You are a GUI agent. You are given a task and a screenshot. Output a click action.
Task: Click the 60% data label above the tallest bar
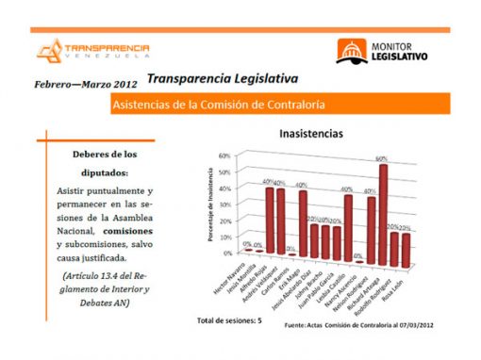pyautogui.click(x=382, y=158)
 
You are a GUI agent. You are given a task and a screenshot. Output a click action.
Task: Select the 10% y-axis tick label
pyautogui.click(x=224, y=237)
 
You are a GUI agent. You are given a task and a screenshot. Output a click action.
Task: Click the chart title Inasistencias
pyautogui.click(x=310, y=135)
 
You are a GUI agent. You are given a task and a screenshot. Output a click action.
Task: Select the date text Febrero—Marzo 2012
pyautogui.click(x=80, y=84)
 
